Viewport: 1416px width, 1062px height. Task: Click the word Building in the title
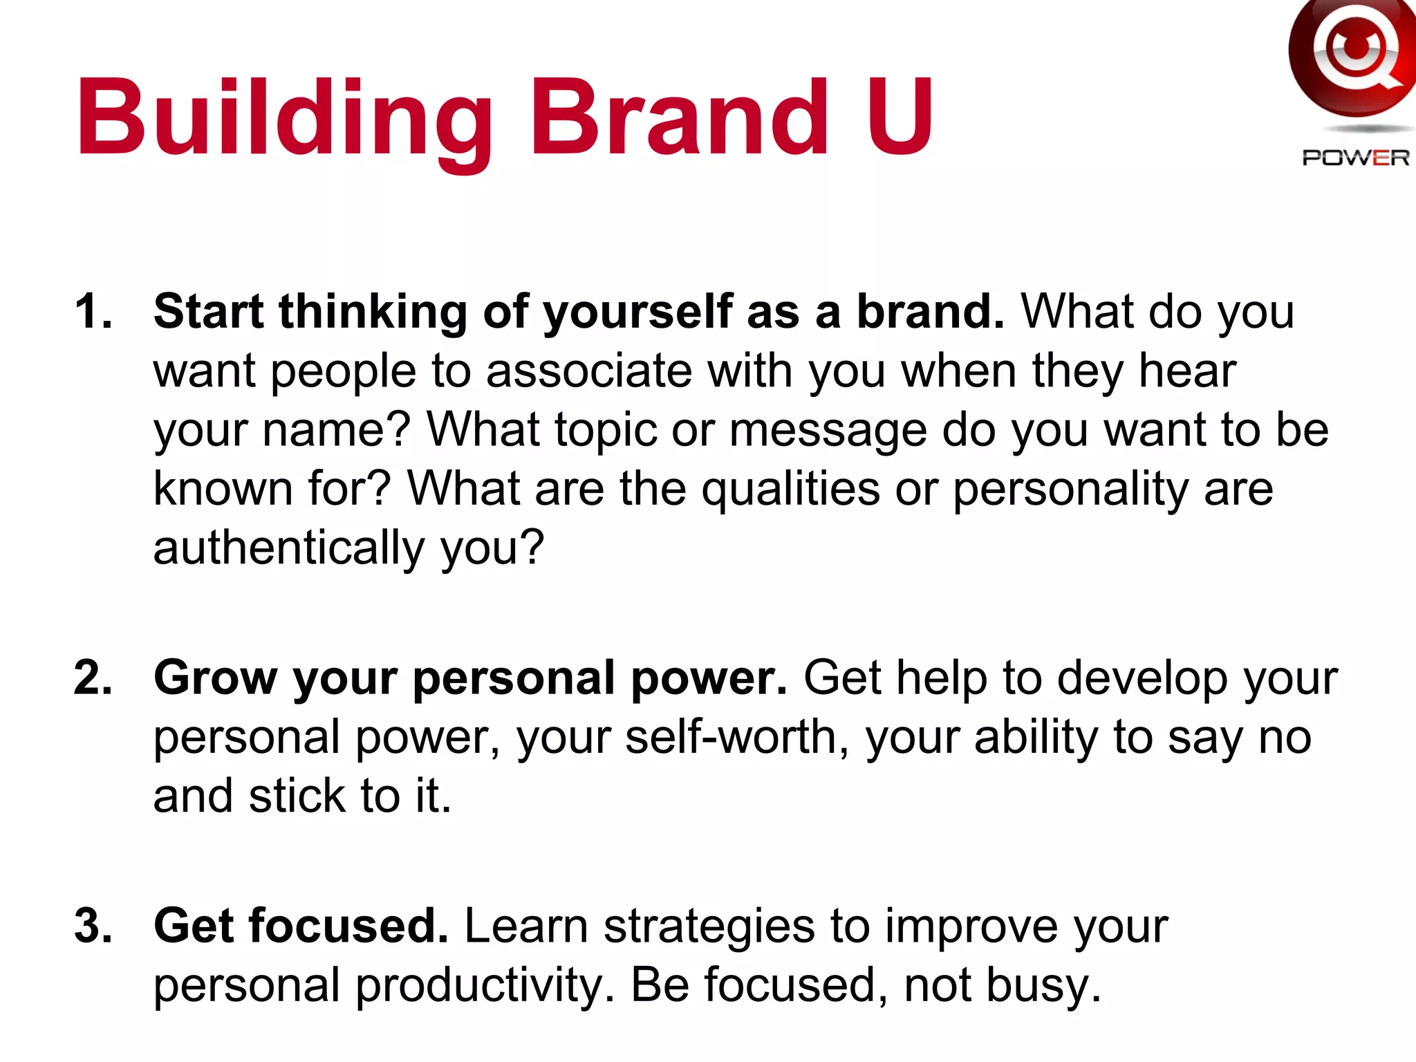click(x=284, y=119)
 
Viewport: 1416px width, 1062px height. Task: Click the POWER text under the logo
click(x=1355, y=158)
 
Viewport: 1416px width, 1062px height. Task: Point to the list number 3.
click(x=93, y=926)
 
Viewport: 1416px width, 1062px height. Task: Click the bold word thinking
click(x=373, y=313)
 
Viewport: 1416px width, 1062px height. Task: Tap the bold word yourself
click(x=637, y=313)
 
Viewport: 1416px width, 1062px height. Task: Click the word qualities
click(x=790, y=490)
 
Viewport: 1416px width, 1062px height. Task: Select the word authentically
click(x=289, y=548)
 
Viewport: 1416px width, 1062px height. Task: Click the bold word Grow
click(x=215, y=678)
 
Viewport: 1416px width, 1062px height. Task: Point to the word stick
click(x=297, y=796)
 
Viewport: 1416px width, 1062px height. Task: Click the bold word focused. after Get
click(x=349, y=926)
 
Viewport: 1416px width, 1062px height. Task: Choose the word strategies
click(x=709, y=927)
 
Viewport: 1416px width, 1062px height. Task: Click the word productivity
click(x=485, y=985)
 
